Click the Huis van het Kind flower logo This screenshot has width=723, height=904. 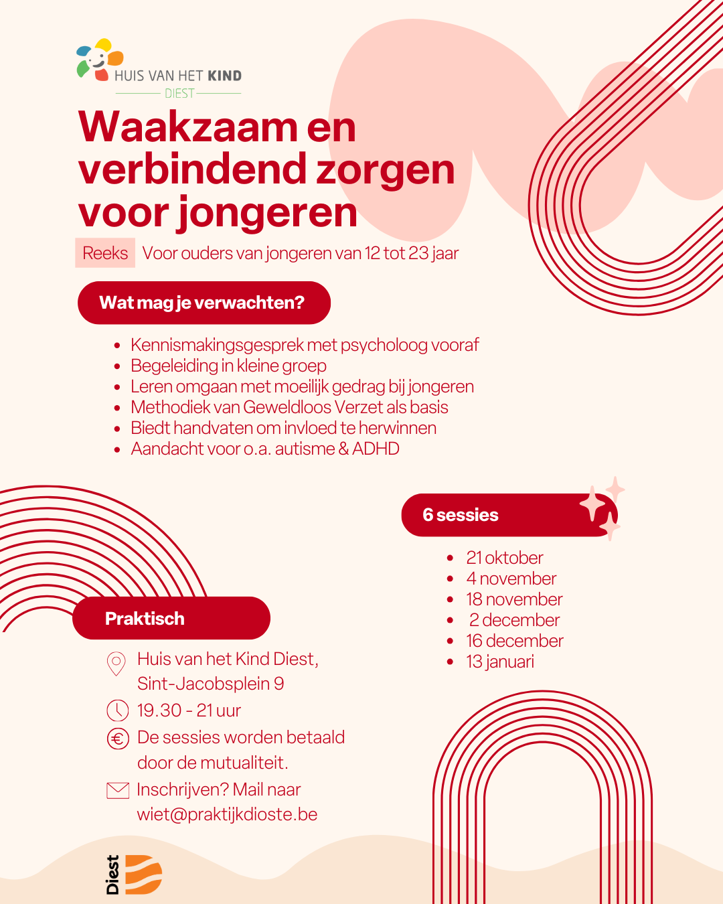pos(100,59)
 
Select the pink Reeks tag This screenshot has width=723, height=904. pos(105,253)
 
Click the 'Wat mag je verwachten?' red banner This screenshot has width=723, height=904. pos(204,303)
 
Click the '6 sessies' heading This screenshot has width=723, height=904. pos(461,515)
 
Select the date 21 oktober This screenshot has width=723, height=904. pos(505,558)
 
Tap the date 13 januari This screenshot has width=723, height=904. pos(500,662)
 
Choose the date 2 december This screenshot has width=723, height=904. pos(514,620)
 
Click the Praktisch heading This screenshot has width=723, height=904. pos(145,618)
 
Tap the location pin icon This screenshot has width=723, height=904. pos(116,664)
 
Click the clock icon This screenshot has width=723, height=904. pos(117,710)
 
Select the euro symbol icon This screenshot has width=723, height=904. pos(118,739)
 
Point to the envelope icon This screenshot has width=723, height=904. pos(118,790)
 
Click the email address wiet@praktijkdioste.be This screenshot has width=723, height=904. pos(227,814)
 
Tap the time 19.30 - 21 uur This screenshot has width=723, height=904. pos(189,710)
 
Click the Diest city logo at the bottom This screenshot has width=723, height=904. pos(134,875)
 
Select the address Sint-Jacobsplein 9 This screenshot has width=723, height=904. pos(210,684)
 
